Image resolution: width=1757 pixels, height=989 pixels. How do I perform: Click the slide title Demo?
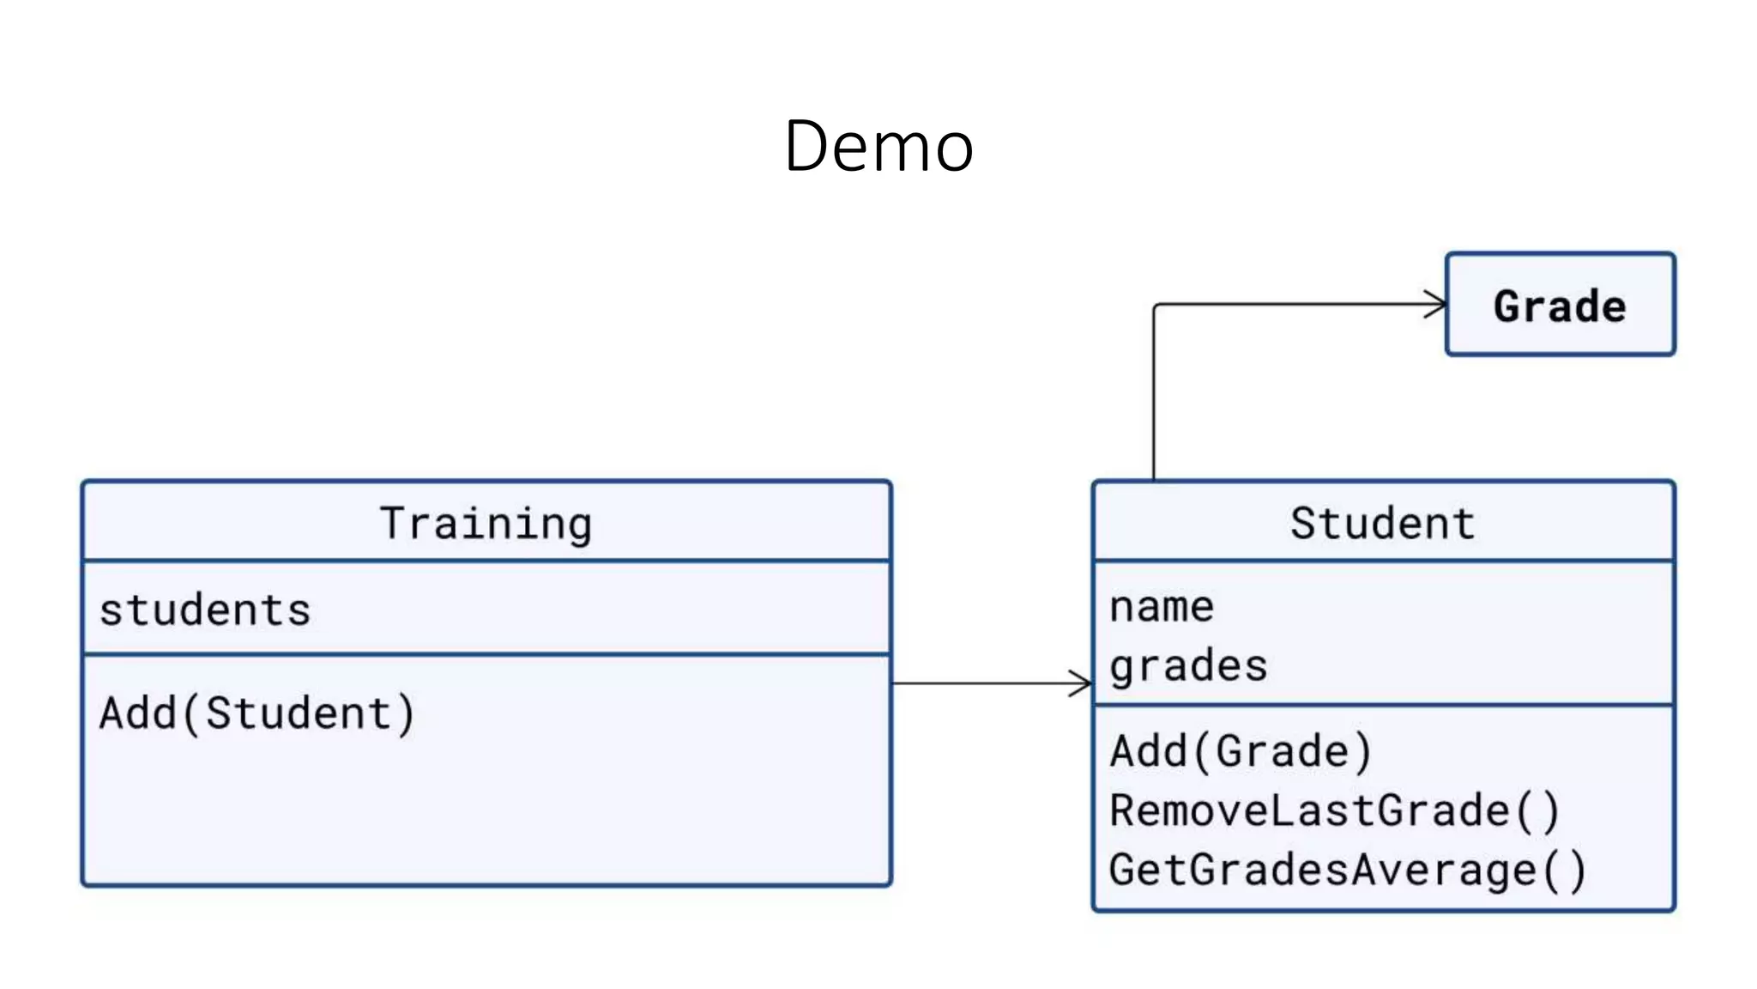pyautogui.click(x=878, y=146)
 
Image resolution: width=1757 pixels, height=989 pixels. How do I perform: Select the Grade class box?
pyautogui.click(x=1560, y=305)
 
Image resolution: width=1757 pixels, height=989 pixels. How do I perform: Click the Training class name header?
pyautogui.click(x=486, y=523)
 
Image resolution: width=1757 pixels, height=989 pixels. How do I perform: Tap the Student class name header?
pyautogui.click(x=1383, y=523)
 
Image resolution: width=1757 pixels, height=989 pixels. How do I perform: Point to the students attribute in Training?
pyautogui.click(x=205, y=610)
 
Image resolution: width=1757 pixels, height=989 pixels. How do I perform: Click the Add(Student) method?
pyautogui.click(x=257, y=713)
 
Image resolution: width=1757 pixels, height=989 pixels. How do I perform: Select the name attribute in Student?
pyautogui.click(x=1162, y=607)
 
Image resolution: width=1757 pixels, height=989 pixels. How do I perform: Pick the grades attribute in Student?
pyautogui.click(x=1188, y=666)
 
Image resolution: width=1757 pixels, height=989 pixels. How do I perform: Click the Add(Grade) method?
pyautogui.click(x=1241, y=751)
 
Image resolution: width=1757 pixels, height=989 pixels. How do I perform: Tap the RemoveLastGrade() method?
pyautogui.click(x=1334, y=811)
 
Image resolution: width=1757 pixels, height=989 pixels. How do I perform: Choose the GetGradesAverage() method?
pyautogui.click(x=1347, y=871)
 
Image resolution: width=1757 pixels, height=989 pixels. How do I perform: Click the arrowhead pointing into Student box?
pyautogui.click(x=1083, y=683)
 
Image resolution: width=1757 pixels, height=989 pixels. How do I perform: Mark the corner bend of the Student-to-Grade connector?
pyautogui.click(x=1156, y=306)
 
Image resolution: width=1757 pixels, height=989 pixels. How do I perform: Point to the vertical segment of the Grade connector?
pyautogui.click(x=1154, y=395)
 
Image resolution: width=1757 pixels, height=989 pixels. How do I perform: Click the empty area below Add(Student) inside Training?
pyautogui.click(x=486, y=816)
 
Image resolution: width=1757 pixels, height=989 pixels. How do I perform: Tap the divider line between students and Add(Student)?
pyautogui.click(x=486, y=654)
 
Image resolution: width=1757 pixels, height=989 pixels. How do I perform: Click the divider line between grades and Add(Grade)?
pyautogui.click(x=1383, y=706)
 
